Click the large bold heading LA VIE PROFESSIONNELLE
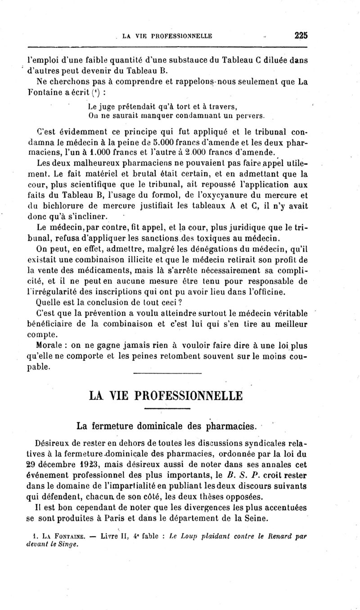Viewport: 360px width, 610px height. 166,396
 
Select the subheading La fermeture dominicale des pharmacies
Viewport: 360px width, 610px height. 166,425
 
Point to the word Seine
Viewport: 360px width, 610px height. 256,518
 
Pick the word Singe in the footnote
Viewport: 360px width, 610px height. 65,543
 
